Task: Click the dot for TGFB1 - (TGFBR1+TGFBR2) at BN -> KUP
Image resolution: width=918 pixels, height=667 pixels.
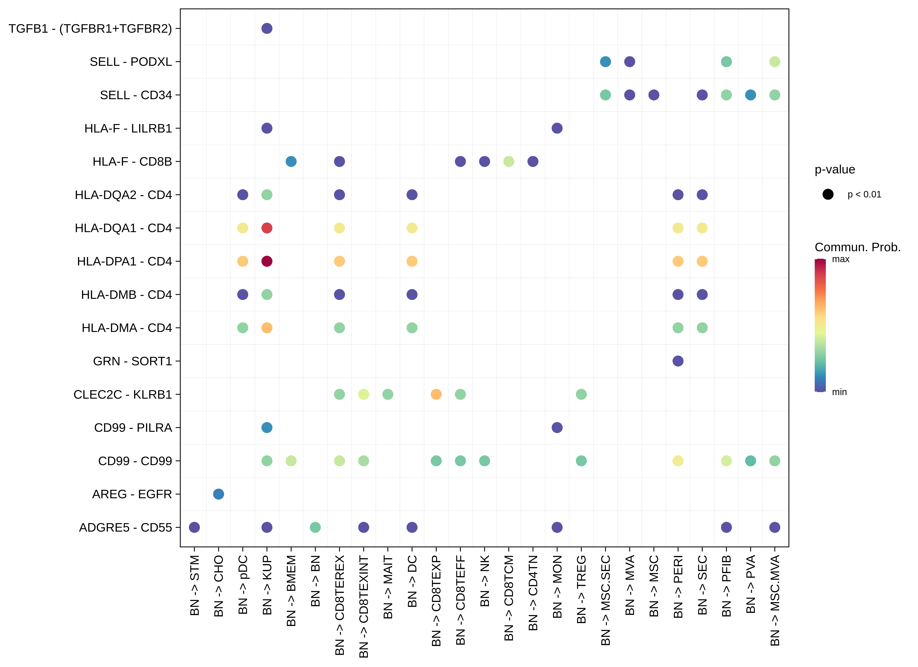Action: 267,28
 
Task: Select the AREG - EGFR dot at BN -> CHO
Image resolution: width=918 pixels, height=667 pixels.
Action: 219,494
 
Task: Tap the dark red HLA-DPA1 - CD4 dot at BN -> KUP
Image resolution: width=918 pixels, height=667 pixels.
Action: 267,261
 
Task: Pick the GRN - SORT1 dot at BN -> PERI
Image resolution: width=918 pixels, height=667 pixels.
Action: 678,361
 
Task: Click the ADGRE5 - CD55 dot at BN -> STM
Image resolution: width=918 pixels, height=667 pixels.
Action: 194,527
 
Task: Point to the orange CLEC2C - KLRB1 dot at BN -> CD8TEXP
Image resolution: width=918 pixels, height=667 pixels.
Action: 436,394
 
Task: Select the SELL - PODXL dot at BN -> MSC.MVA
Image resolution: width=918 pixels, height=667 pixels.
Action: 775,62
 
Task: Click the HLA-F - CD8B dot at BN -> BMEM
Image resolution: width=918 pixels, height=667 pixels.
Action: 291,161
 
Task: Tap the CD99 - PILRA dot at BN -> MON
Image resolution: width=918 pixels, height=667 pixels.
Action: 557,428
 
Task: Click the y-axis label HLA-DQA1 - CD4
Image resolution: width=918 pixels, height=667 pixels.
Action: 124,228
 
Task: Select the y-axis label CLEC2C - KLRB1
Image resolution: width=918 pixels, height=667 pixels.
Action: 123,394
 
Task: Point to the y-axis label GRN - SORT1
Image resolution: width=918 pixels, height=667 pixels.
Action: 132,361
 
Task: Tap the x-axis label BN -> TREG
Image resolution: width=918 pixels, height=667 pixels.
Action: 581,589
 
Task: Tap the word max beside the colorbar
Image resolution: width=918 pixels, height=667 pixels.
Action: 841,259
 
